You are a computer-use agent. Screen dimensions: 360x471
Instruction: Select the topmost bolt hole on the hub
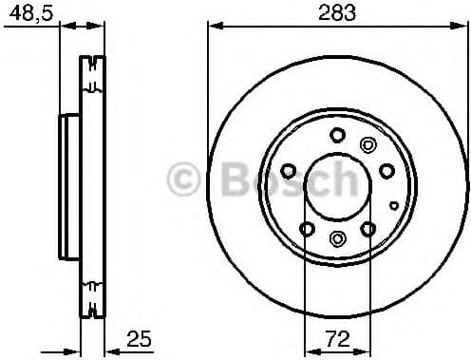pyautogui.click(x=337, y=135)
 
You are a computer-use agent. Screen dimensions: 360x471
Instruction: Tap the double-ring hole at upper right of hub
pyautogui.click(x=368, y=144)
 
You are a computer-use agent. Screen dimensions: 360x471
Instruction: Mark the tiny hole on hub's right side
pyautogui.click(x=394, y=203)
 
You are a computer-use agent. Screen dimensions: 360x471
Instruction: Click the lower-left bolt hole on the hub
pyautogui.click(x=306, y=228)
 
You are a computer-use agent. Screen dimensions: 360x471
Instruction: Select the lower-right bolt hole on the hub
pyautogui.click(x=367, y=228)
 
